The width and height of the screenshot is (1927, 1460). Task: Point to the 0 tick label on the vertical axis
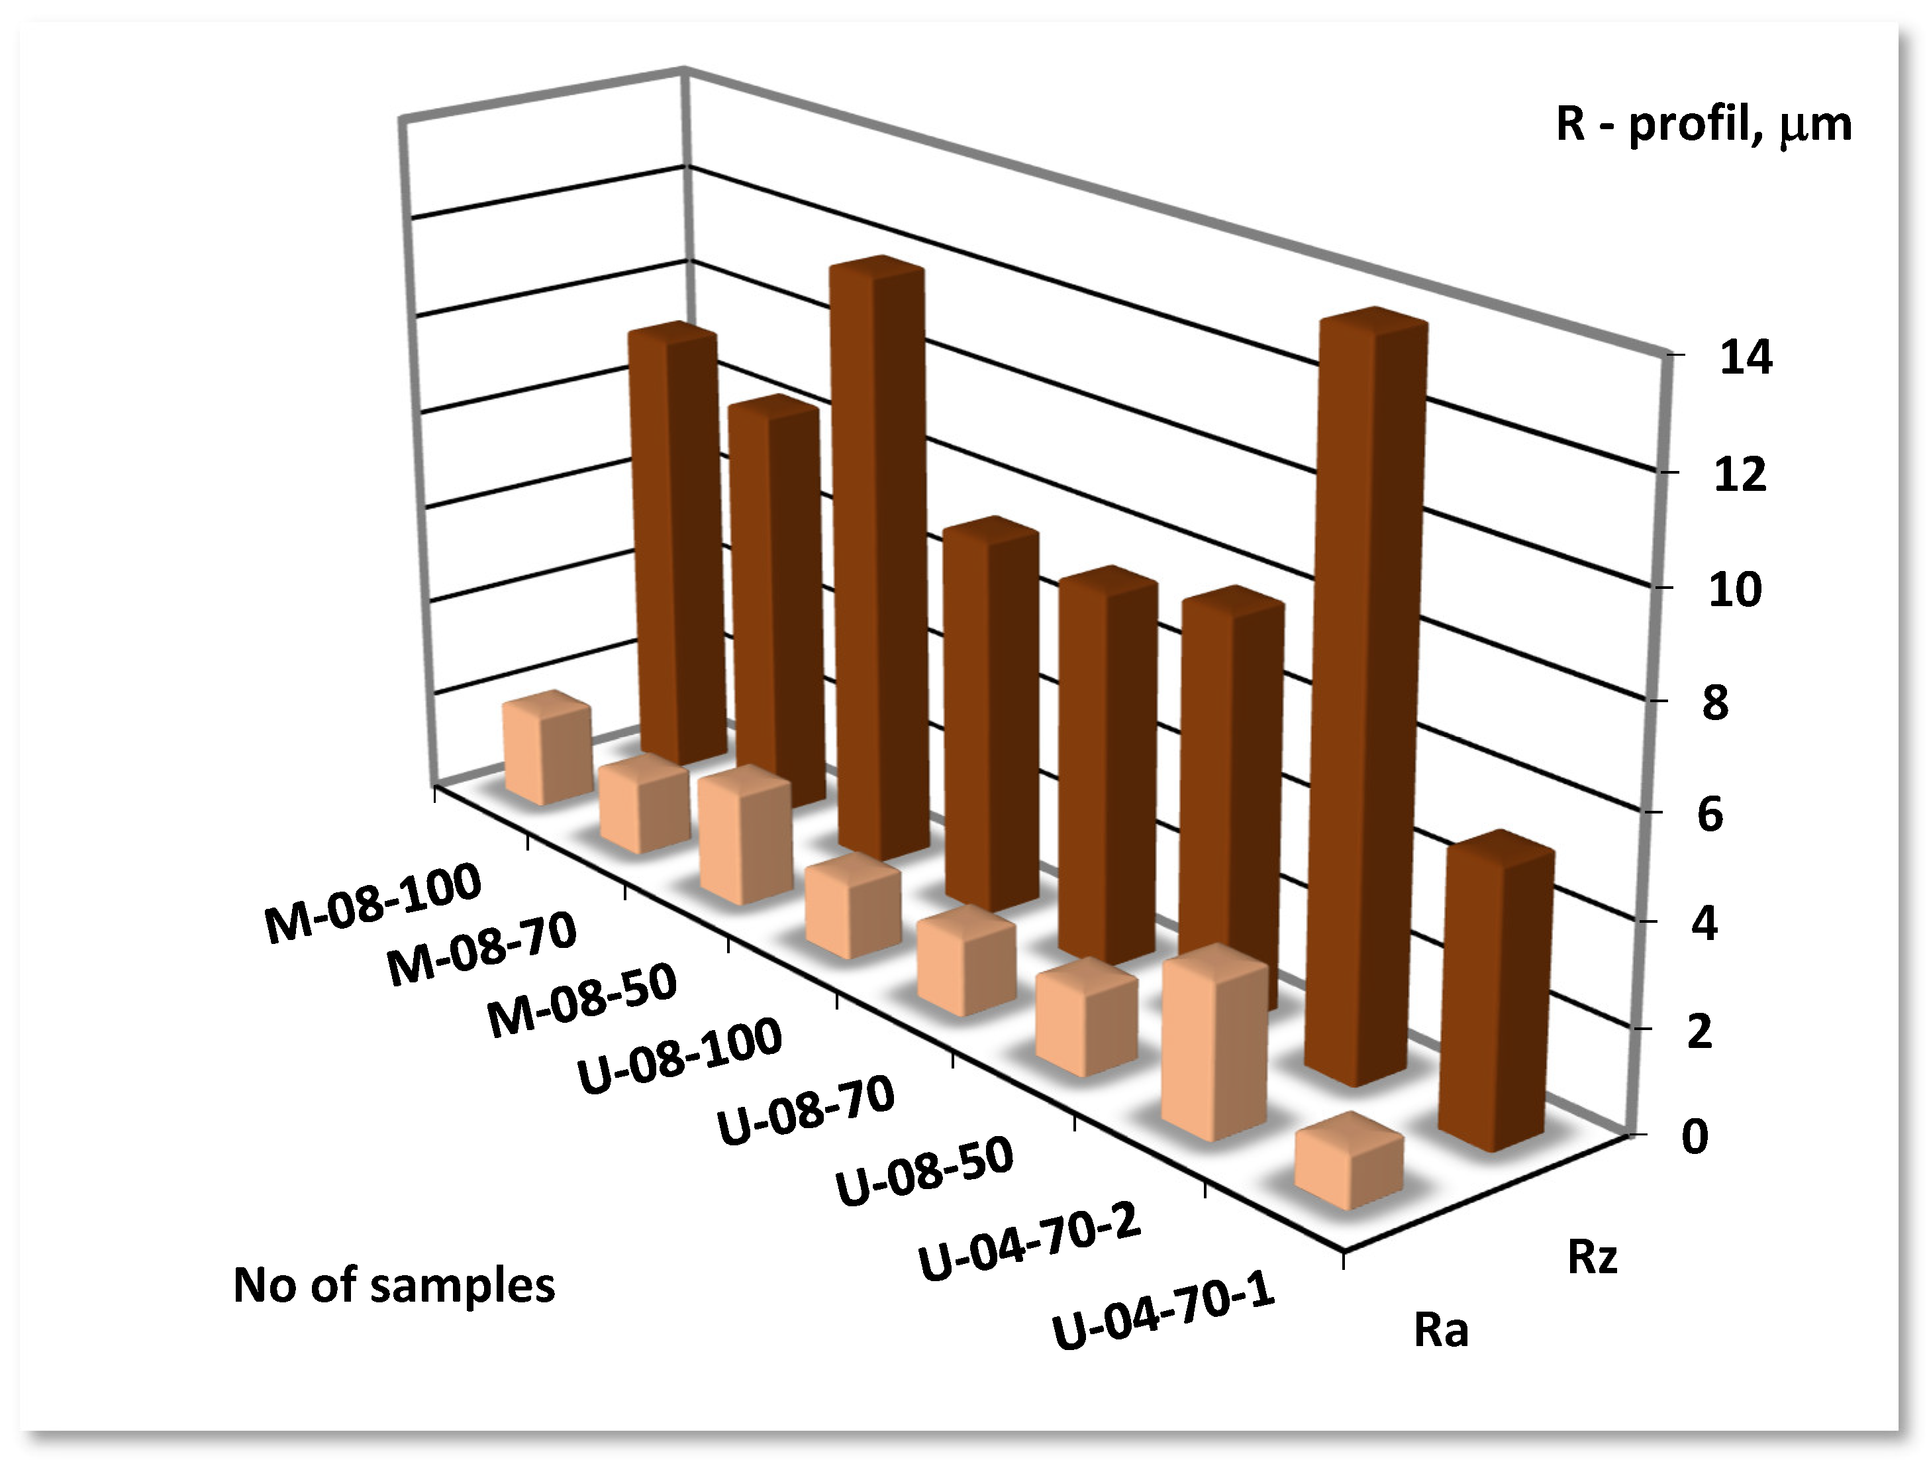point(1695,1136)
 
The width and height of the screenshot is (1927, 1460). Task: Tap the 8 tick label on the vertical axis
point(1714,703)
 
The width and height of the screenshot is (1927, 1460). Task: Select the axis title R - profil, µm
point(1703,125)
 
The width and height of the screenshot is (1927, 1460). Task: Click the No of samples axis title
point(394,1285)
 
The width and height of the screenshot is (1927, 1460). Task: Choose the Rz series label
point(1592,1257)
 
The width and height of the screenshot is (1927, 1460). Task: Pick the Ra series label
point(1441,1330)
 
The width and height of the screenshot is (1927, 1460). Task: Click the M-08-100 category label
point(373,906)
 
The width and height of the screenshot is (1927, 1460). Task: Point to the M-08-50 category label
point(582,1002)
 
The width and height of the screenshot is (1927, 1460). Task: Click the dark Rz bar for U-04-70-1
point(1497,994)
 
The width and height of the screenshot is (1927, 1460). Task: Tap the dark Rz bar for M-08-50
point(878,558)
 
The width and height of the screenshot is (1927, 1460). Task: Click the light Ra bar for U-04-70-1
point(1348,1165)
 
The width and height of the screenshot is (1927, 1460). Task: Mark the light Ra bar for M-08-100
point(547,750)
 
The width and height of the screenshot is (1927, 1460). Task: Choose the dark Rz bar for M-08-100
point(676,545)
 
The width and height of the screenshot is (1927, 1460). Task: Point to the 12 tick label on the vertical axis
point(1740,475)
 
